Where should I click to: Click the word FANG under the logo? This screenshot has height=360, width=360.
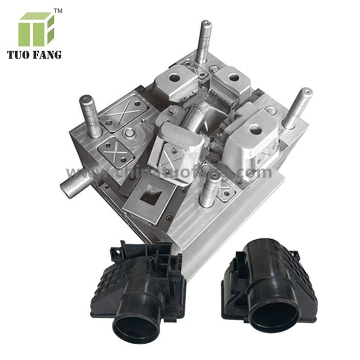50,55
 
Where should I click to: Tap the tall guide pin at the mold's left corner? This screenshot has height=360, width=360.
91,115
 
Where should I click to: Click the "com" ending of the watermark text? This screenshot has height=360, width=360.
259,172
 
